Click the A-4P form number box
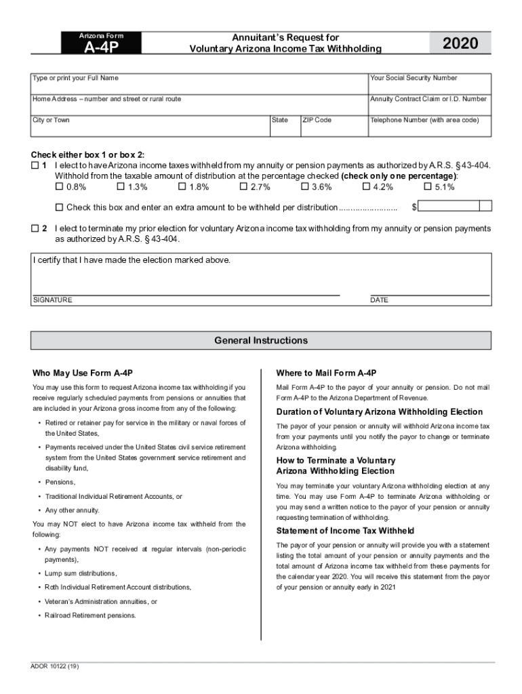(x=101, y=45)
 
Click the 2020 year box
(x=460, y=44)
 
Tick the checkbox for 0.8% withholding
(x=59, y=187)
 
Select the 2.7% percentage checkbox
(x=244, y=187)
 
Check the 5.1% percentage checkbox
(x=428, y=187)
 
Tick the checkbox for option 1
(x=35, y=165)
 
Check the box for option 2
(x=35, y=229)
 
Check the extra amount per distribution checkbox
(x=59, y=207)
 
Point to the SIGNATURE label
(x=52, y=300)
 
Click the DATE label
(x=379, y=300)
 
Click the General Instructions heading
(x=261, y=340)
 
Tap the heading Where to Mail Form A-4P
(x=326, y=373)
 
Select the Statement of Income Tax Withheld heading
(x=345, y=531)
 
